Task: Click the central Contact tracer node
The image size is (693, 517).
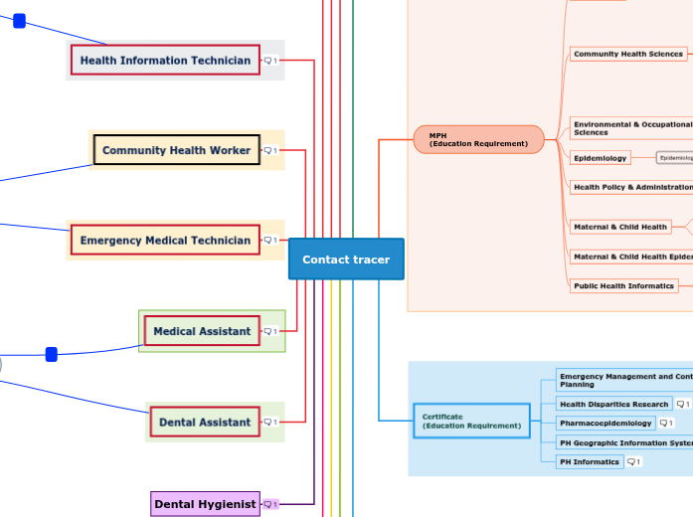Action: click(346, 259)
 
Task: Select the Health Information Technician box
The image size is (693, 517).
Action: click(165, 61)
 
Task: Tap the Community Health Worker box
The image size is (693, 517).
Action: click(176, 150)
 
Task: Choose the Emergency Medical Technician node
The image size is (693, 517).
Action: click(165, 241)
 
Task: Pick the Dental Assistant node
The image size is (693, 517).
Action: click(205, 423)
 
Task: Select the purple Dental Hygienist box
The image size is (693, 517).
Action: click(205, 504)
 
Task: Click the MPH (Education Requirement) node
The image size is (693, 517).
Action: click(478, 139)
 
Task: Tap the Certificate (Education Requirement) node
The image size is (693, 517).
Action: click(471, 421)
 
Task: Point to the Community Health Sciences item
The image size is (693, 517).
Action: click(628, 54)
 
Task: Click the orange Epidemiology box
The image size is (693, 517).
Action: click(601, 158)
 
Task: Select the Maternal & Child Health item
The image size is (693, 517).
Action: click(620, 227)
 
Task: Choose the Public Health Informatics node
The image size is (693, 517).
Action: click(624, 286)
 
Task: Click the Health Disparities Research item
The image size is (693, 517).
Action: click(613, 405)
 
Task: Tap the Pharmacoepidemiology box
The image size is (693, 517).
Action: click(606, 424)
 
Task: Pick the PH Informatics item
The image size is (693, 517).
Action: click(590, 462)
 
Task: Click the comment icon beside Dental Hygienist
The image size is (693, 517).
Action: click(270, 505)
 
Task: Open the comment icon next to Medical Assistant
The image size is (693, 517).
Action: click(270, 331)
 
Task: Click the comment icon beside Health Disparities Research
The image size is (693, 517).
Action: click(682, 405)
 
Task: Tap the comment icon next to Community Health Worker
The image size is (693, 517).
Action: click(270, 151)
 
